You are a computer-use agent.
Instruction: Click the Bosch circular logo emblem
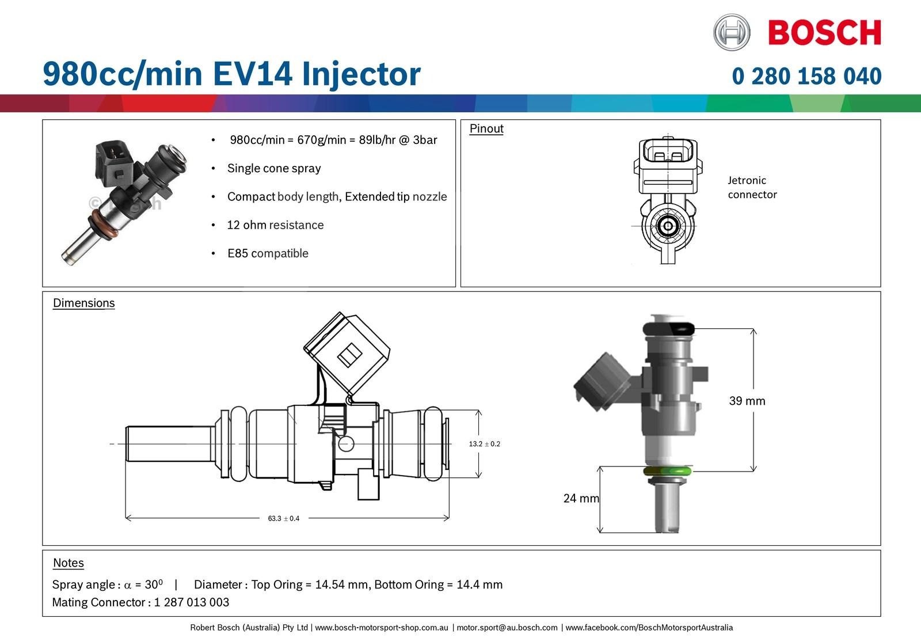tap(731, 32)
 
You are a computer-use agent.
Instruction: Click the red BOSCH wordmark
tap(824, 33)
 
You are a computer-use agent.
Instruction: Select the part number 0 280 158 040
tap(806, 76)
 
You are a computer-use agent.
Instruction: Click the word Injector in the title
tap(361, 74)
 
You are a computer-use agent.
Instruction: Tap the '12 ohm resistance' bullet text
tap(275, 225)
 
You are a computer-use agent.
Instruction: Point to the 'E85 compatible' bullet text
tap(268, 253)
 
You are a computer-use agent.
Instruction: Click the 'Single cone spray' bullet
tap(274, 169)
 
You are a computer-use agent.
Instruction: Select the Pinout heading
tap(486, 129)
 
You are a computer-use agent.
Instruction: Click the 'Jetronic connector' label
tap(752, 187)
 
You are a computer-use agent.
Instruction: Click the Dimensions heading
tap(84, 303)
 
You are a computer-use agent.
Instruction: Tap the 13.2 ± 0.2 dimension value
tap(484, 444)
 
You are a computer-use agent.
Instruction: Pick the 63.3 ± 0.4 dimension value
tap(283, 518)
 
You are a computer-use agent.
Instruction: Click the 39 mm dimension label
tap(747, 401)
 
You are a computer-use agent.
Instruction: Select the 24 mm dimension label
tap(580, 498)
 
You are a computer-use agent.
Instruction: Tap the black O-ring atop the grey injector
tap(668, 329)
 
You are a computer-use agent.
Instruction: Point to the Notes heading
tap(68, 563)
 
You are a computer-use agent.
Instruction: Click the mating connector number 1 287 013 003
tap(191, 602)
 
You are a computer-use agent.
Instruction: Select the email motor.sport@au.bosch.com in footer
tap(507, 628)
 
